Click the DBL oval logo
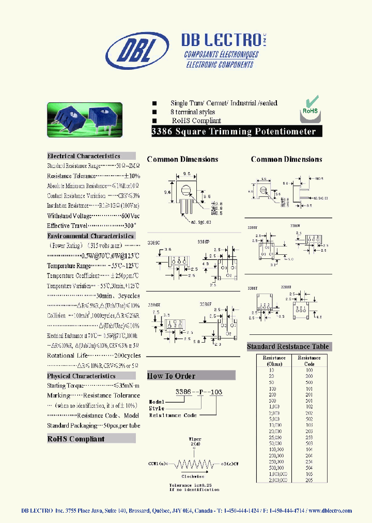coord(137,51)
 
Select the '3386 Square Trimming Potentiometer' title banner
coord(233,131)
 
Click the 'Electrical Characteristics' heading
coord(84,156)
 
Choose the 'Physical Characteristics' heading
coord(81,376)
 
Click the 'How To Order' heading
coord(172,376)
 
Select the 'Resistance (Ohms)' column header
coord(274,361)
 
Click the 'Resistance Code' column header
coord(309,361)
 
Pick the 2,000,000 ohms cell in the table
coord(274,480)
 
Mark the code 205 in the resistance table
coord(309,480)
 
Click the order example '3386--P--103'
coord(199,392)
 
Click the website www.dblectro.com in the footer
coord(330,511)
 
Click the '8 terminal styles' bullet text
coord(193,112)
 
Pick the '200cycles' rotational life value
coord(127,356)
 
